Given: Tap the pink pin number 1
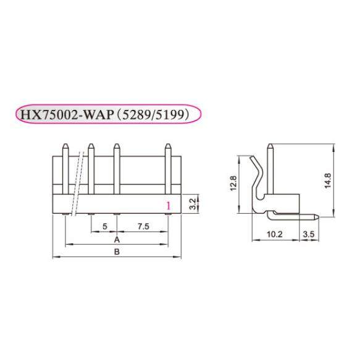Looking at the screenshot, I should (167, 206).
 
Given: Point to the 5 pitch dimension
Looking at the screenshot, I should (105, 226).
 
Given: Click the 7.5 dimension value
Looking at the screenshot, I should (143, 226).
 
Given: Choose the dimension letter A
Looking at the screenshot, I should (117, 238).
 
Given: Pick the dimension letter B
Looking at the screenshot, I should (117, 251).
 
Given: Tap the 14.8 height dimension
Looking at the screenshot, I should (329, 180).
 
